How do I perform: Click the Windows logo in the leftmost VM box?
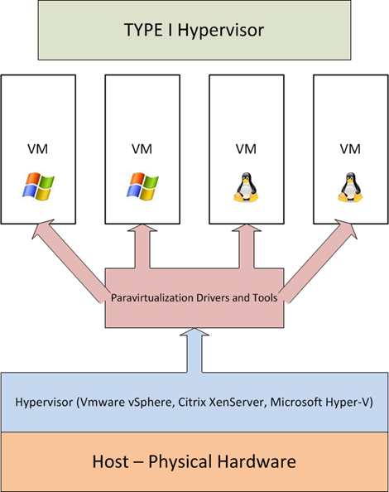(38, 186)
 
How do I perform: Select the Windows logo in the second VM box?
(142, 186)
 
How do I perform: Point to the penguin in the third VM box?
(246, 186)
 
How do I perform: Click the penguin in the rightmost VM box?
(350, 186)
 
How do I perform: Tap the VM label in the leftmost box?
(37, 149)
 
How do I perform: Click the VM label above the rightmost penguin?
(350, 149)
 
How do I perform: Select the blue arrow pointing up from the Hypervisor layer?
(194, 350)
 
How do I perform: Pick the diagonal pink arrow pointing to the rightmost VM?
(320, 260)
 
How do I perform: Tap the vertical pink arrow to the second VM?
(142, 246)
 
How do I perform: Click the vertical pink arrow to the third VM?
(247, 246)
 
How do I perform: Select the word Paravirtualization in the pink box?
(152, 297)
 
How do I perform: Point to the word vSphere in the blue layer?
(151, 402)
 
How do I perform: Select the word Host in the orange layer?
(110, 461)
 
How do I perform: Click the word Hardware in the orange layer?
(257, 461)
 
